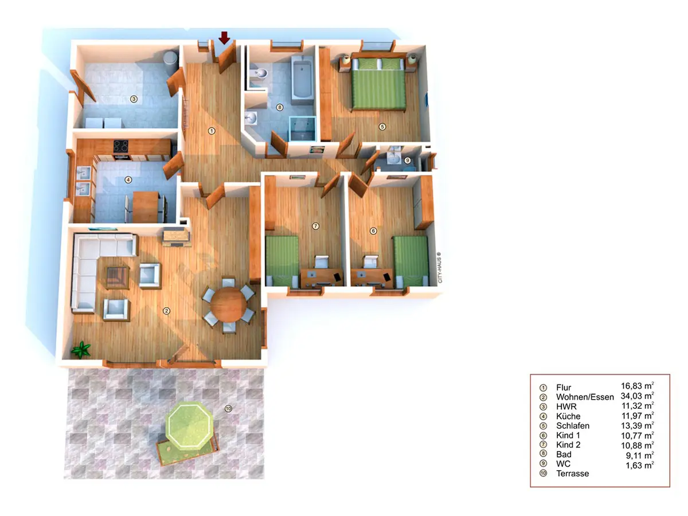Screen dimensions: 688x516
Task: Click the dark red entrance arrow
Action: click(224, 38)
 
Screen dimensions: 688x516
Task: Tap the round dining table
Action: click(229, 304)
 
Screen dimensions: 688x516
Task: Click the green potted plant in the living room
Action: click(81, 349)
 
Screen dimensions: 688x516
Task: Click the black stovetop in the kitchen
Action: click(120, 146)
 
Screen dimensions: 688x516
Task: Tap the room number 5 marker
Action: click(382, 127)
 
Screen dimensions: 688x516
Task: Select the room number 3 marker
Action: click(134, 99)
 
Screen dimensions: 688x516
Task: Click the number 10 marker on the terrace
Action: click(228, 408)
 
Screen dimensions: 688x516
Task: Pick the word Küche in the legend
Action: click(568, 416)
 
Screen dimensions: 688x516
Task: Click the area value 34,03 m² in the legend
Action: click(637, 396)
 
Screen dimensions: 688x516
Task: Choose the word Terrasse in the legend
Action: click(572, 474)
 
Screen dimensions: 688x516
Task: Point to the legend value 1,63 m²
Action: click(639, 465)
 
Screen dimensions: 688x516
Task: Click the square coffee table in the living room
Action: click(117, 277)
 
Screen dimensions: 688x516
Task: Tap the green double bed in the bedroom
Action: click(378, 84)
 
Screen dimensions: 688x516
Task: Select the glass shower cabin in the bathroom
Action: click(302, 128)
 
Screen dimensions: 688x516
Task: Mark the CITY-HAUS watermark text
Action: click(439, 268)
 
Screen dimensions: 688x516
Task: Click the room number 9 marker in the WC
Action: click(407, 161)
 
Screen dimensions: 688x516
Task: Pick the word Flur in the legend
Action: click(564, 387)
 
